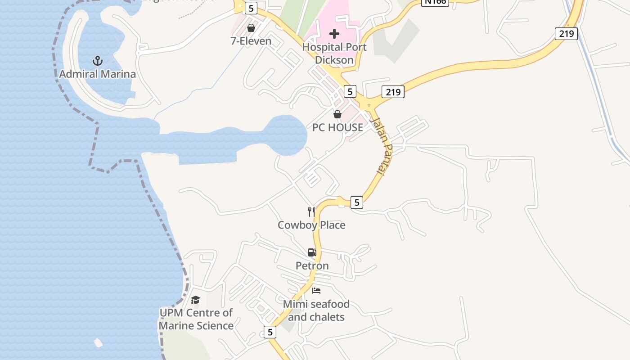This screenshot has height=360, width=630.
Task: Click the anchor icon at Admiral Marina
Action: (x=97, y=61)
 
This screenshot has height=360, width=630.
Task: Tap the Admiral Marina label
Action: (x=97, y=74)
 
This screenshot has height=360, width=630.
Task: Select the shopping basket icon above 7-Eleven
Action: (x=251, y=28)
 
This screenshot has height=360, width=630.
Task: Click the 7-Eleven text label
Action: (x=251, y=41)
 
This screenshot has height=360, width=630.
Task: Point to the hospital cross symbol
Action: (x=334, y=34)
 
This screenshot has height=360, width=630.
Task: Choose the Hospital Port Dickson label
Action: (x=334, y=53)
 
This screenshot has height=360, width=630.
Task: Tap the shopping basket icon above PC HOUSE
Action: (x=337, y=114)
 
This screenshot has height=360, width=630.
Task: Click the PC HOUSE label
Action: (x=337, y=127)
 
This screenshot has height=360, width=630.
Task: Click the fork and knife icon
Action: (x=311, y=211)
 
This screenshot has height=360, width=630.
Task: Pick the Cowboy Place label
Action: (x=311, y=225)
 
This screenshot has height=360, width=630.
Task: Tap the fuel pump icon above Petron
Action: (x=312, y=252)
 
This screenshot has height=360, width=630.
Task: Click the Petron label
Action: (x=312, y=265)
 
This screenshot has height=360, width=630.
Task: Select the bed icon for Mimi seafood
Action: (x=316, y=291)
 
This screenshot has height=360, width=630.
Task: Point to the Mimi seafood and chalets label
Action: (x=316, y=310)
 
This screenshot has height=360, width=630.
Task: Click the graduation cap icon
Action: (x=195, y=300)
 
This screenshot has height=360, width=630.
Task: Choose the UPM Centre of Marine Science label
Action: (x=196, y=319)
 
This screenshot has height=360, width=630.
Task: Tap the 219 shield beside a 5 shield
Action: (x=393, y=92)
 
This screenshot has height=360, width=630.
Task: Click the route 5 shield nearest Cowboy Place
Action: (x=356, y=202)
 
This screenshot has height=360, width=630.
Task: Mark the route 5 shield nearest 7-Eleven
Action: (x=251, y=8)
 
